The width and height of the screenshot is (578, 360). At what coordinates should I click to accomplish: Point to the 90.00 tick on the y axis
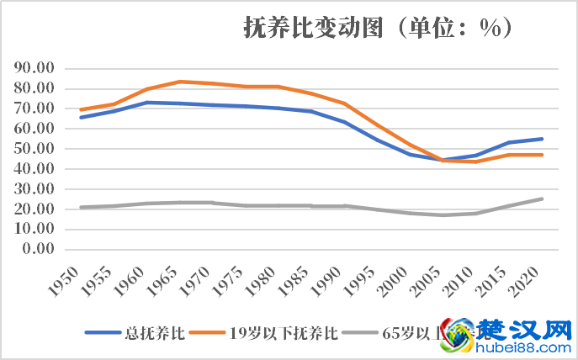click(x=34, y=68)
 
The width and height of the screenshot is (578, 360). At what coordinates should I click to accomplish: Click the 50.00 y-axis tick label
click(x=34, y=149)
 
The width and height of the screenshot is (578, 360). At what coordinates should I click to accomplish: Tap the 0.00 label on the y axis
click(x=38, y=249)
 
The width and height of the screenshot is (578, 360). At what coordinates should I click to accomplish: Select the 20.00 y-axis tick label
click(x=34, y=209)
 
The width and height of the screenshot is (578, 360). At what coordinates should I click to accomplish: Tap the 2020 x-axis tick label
click(x=528, y=277)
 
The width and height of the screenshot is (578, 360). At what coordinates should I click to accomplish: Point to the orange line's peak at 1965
click(x=178, y=82)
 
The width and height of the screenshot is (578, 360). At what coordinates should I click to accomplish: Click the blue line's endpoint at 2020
click(x=542, y=139)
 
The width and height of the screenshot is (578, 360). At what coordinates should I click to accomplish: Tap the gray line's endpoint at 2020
click(x=542, y=199)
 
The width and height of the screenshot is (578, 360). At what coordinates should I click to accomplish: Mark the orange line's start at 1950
click(x=81, y=109)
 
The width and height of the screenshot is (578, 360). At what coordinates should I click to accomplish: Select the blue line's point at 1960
click(x=146, y=103)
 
